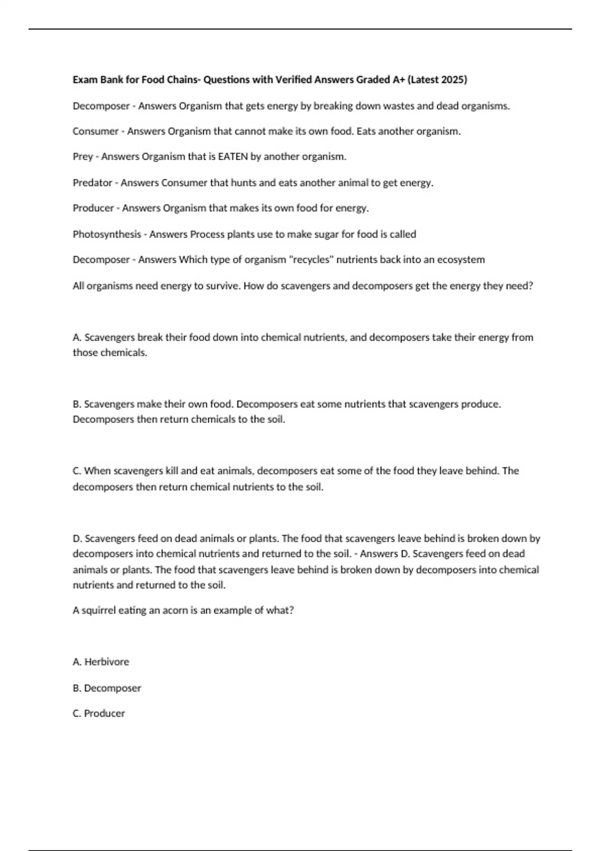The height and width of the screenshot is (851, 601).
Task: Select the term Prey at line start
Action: click(83, 157)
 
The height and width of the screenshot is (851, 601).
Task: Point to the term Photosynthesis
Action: click(107, 234)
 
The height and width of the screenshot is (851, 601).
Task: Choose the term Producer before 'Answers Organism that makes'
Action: click(93, 208)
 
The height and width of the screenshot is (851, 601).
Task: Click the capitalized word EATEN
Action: click(233, 157)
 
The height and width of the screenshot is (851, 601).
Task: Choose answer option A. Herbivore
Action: click(101, 662)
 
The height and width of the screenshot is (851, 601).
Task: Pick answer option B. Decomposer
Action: click(107, 688)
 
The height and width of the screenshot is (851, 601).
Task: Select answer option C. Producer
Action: click(99, 713)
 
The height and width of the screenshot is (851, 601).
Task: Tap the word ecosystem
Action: click(461, 260)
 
